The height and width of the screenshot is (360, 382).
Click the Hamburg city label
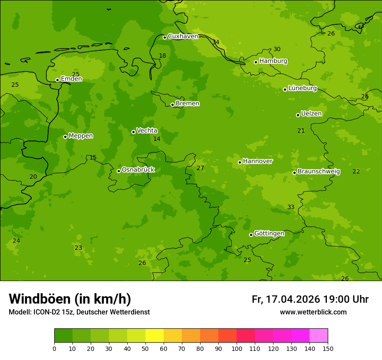pyautogui.click(x=273, y=61)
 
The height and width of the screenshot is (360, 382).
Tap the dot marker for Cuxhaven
pyautogui.click(x=165, y=37)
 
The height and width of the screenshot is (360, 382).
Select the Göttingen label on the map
pyautogui.click(x=269, y=234)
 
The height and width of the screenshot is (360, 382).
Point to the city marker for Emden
pyautogui.click(x=57, y=80)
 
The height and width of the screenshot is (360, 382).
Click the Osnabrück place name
pyautogui.click(x=138, y=170)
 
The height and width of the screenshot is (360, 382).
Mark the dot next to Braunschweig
pyautogui.click(x=294, y=173)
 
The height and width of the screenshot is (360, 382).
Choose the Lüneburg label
pyautogui.click(x=302, y=88)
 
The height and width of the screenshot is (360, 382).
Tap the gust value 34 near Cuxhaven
pyautogui.click(x=216, y=42)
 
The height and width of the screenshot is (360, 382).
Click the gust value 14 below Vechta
pyautogui.click(x=157, y=139)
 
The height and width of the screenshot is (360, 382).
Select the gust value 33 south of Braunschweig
pyautogui.click(x=291, y=207)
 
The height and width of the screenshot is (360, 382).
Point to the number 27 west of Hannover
pyautogui.click(x=200, y=168)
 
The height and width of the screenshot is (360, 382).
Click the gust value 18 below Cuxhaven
pyautogui.click(x=162, y=56)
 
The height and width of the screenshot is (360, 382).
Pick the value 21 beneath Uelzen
pyautogui.click(x=301, y=131)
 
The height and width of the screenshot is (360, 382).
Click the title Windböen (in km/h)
pyautogui.click(x=70, y=299)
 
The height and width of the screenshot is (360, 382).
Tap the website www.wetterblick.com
pyautogui.click(x=313, y=312)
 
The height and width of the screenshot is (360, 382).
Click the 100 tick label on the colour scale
pyautogui.click(x=237, y=349)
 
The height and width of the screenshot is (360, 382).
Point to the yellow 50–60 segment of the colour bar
pyautogui.click(x=155, y=336)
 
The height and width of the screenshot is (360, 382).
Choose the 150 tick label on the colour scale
pyautogui.click(x=328, y=349)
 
